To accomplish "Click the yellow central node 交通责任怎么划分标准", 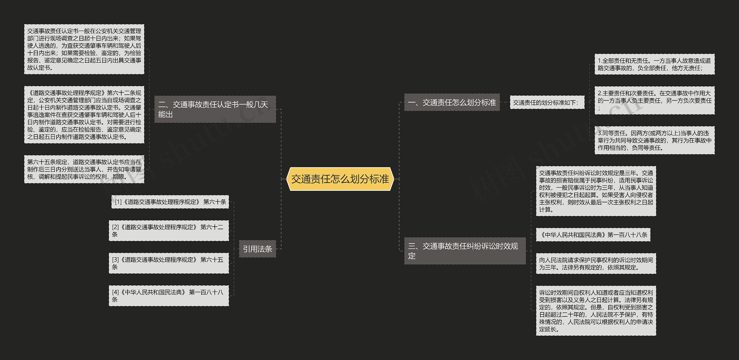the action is (x=340, y=179).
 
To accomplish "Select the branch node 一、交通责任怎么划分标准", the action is (x=451, y=102).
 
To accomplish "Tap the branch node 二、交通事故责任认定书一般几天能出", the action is (x=215, y=109).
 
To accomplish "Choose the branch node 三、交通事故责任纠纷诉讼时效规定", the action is (x=464, y=251).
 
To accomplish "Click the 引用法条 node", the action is (x=257, y=249).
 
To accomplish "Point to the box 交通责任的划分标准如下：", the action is (x=547, y=102).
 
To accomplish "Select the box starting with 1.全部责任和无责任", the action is (x=654, y=64).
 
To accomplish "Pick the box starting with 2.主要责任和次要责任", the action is (x=654, y=100).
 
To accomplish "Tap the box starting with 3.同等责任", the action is (x=654, y=140).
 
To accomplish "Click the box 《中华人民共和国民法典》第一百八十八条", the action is (x=593, y=235).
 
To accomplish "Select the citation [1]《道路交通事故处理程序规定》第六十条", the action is (x=170, y=202).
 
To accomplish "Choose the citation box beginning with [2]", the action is (x=169, y=231).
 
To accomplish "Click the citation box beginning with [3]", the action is (x=169, y=263).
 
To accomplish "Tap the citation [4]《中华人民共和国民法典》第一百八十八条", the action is (x=169, y=296).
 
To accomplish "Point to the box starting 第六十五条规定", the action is (x=84, y=169).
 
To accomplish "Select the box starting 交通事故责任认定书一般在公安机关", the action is (x=84, y=49).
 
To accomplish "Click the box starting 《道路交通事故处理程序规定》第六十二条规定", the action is (x=84, y=115).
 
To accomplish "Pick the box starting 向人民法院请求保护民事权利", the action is (x=596, y=264).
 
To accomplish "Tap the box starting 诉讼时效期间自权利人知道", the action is (x=596, y=311).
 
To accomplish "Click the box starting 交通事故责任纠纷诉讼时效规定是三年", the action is (x=596, y=191).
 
